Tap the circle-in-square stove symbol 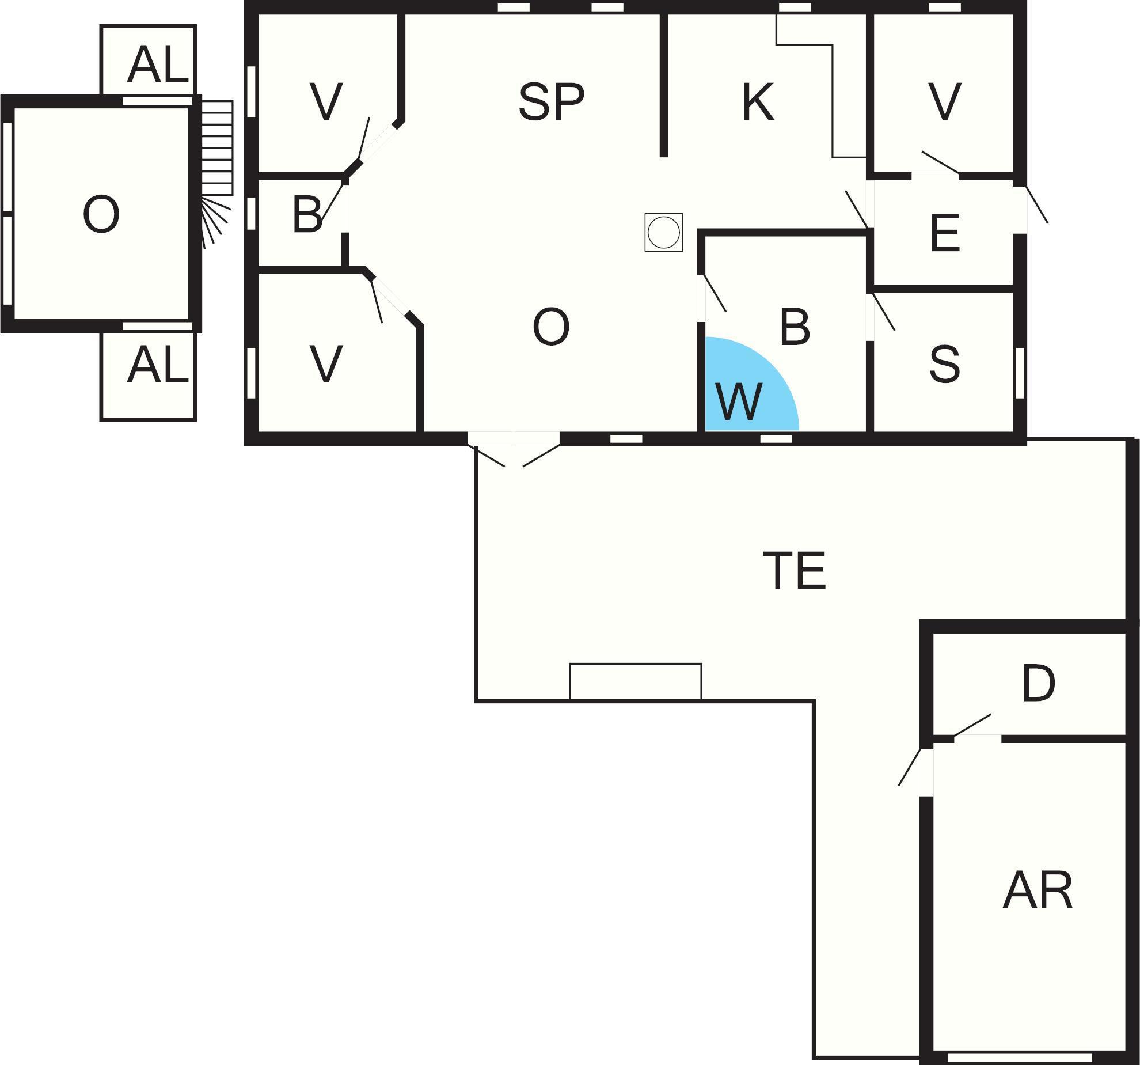(x=663, y=232)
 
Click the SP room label (x=551, y=102)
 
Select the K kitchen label (x=758, y=102)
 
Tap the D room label (x=1039, y=683)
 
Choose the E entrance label (x=945, y=233)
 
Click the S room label (x=945, y=364)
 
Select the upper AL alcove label (x=158, y=65)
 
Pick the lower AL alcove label (x=158, y=366)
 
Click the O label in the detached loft (x=101, y=214)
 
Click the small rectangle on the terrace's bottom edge (x=636, y=682)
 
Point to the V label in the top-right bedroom (x=945, y=102)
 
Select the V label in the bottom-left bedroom (x=326, y=364)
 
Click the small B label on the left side (x=307, y=214)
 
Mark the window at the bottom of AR (x=1020, y=1058)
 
